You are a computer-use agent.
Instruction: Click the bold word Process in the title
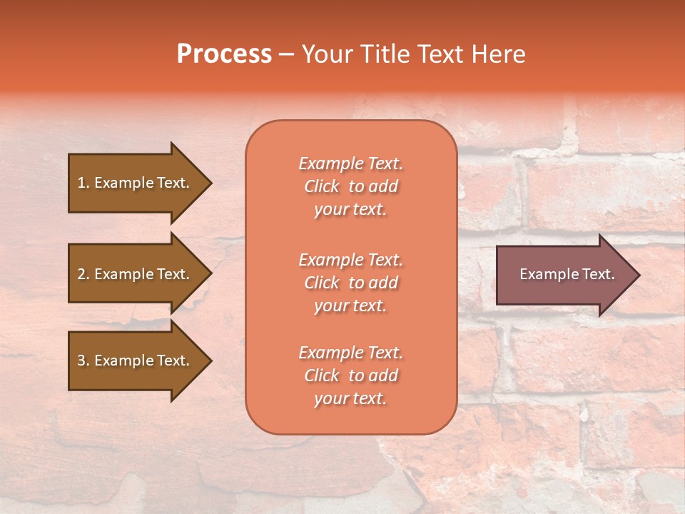(224, 54)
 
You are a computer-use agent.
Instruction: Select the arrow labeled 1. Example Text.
(136, 183)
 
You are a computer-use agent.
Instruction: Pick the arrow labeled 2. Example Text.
(136, 274)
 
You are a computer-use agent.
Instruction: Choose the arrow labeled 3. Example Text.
(136, 361)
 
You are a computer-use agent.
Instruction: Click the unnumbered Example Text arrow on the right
(564, 275)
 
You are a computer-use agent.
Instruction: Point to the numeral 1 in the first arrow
(81, 183)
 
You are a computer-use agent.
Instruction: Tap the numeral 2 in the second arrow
(81, 274)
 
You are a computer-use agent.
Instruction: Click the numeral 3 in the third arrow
(81, 361)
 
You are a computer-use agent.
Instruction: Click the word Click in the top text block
(322, 187)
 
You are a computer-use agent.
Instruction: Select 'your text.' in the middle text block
(350, 306)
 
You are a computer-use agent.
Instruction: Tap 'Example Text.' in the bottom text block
(350, 353)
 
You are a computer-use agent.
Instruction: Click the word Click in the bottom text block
(322, 376)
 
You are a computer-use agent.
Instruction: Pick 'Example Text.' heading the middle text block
(350, 259)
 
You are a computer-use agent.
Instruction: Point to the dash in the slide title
(287, 55)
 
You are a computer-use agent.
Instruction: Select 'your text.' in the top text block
(350, 210)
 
